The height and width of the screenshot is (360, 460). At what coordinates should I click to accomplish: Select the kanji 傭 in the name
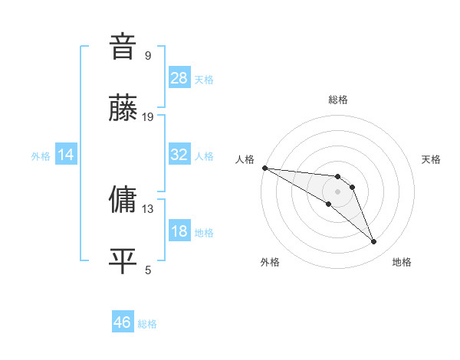pos(123,198)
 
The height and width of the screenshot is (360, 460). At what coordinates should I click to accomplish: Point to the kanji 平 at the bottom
pos(123,260)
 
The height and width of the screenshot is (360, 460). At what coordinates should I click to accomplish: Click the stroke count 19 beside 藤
pos(148,117)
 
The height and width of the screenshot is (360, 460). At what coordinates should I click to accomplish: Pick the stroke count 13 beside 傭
pos(148,208)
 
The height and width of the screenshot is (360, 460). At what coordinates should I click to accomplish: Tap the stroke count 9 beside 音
pos(148,56)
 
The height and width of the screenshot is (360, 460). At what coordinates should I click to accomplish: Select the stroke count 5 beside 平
pos(148,270)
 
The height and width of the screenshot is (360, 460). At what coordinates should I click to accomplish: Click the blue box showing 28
pos(179,78)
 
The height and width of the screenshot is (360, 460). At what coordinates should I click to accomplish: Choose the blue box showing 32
pos(179,155)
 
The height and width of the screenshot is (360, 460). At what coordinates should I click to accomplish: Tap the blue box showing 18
pos(179,231)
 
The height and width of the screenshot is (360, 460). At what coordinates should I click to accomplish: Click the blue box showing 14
pos(66,155)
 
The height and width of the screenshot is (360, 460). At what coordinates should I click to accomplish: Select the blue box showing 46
pos(123,322)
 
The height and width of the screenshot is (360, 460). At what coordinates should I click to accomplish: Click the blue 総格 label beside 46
pos(147,324)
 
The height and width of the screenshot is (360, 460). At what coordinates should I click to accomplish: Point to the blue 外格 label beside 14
pos(41,155)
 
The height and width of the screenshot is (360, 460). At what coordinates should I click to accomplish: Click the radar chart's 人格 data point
pos(264,168)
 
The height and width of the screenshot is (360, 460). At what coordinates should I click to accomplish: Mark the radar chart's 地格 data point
pos(374,242)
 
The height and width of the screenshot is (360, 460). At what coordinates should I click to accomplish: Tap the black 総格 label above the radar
pos(338,100)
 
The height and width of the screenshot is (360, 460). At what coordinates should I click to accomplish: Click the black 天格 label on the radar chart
pos(432,159)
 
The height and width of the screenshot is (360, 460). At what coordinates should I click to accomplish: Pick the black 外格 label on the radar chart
pos(270,262)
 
